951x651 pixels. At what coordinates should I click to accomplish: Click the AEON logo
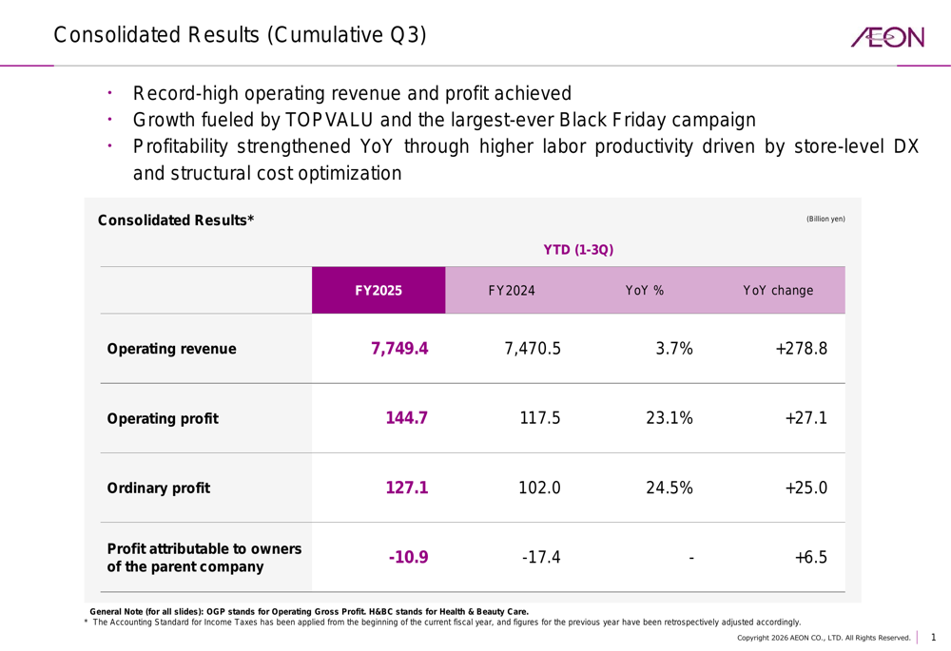point(887,37)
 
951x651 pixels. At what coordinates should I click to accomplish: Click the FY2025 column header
point(378,291)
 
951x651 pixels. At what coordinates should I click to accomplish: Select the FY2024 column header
point(512,291)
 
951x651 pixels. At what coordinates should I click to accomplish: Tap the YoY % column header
point(644,291)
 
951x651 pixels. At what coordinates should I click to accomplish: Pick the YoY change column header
point(778,291)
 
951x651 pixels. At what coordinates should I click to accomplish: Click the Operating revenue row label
point(171,349)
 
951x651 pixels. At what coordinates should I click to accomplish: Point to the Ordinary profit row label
point(158,488)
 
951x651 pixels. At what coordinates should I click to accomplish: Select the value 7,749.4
point(399,349)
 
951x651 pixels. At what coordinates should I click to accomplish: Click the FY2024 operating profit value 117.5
point(540,418)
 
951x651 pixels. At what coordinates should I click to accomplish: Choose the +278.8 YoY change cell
point(801,349)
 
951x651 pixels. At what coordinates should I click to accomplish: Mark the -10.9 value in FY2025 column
point(408,558)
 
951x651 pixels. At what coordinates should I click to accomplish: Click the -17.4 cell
point(540,558)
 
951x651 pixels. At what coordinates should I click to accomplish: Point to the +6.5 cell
point(811,558)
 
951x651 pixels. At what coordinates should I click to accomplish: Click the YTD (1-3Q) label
point(578,250)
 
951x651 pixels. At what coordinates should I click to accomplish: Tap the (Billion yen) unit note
point(825,220)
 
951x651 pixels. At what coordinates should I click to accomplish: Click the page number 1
point(933,637)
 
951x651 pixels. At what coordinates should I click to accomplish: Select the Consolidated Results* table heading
point(176,221)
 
